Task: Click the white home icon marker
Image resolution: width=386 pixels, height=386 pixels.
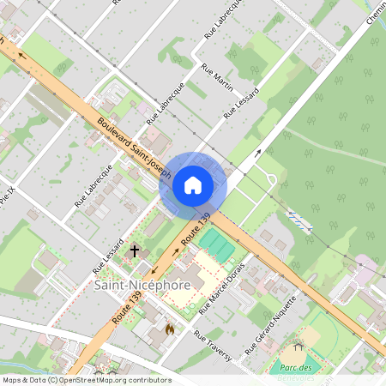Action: (x=193, y=184)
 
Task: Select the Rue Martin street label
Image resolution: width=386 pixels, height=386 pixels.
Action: (x=217, y=76)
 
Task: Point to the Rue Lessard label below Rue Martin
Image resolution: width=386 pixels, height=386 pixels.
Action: (x=241, y=104)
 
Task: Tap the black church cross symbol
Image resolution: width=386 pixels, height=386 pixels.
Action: (x=134, y=250)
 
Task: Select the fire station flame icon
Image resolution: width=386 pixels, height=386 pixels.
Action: (x=170, y=329)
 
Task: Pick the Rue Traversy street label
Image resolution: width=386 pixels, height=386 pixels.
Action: (x=213, y=346)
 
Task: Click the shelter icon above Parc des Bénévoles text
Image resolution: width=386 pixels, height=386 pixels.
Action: (x=298, y=347)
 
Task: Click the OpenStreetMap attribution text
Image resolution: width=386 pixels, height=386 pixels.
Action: (x=86, y=380)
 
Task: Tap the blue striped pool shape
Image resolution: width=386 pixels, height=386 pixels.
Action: (x=298, y=220)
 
